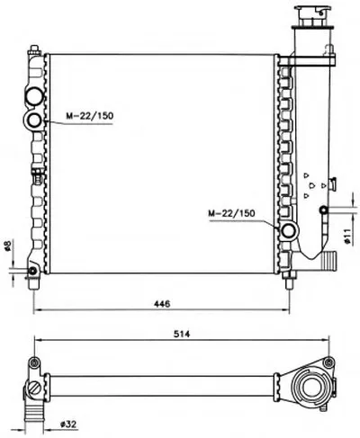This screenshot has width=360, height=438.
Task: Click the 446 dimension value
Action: coord(162,303)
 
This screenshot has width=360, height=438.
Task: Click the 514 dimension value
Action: coord(182,334)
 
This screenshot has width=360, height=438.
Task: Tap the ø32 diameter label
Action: coord(68,425)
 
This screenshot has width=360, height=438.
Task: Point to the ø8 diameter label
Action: coord(8,246)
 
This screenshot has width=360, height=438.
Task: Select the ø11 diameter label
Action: coord(347,237)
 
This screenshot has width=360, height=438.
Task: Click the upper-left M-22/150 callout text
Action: coord(90,116)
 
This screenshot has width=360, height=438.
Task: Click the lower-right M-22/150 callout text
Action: coord(231,213)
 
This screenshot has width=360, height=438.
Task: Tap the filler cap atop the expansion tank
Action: coord(313,17)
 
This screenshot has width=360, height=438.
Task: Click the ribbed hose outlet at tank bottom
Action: coord(329,260)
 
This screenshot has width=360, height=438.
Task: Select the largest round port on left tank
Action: coord(34,96)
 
